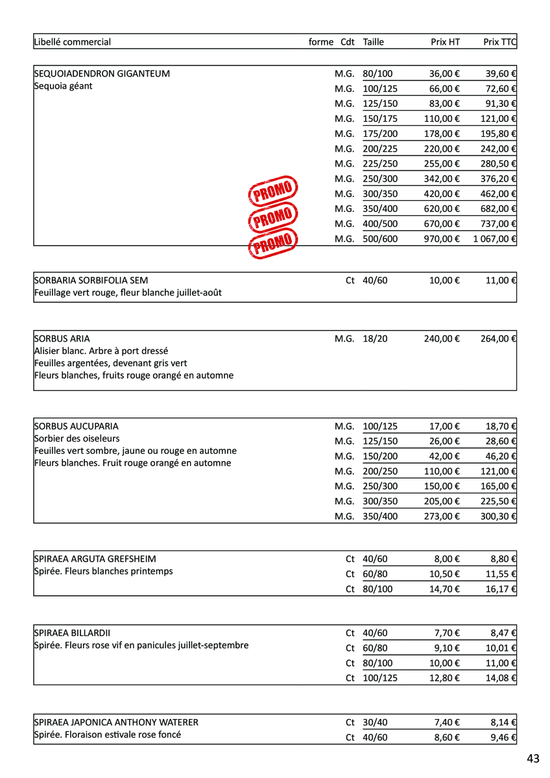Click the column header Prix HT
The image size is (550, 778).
tap(445, 42)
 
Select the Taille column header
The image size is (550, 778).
tap(374, 42)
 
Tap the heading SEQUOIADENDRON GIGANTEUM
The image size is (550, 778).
tap(102, 74)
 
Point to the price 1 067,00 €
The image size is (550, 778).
tap(494, 239)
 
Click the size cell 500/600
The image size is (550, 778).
tap(380, 239)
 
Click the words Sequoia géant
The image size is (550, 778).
tap(63, 86)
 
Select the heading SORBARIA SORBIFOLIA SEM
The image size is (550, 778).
tap(91, 281)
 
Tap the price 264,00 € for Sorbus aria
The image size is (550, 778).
tap(498, 338)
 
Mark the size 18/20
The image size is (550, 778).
tap(375, 338)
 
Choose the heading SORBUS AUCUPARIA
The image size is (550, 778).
tap(76, 427)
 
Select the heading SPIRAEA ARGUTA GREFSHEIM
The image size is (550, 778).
tap(95, 559)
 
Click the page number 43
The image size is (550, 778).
tap(533, 759)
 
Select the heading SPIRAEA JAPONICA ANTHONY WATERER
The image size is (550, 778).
tap(116, 722)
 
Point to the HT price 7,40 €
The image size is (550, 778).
tap(447, 722)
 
